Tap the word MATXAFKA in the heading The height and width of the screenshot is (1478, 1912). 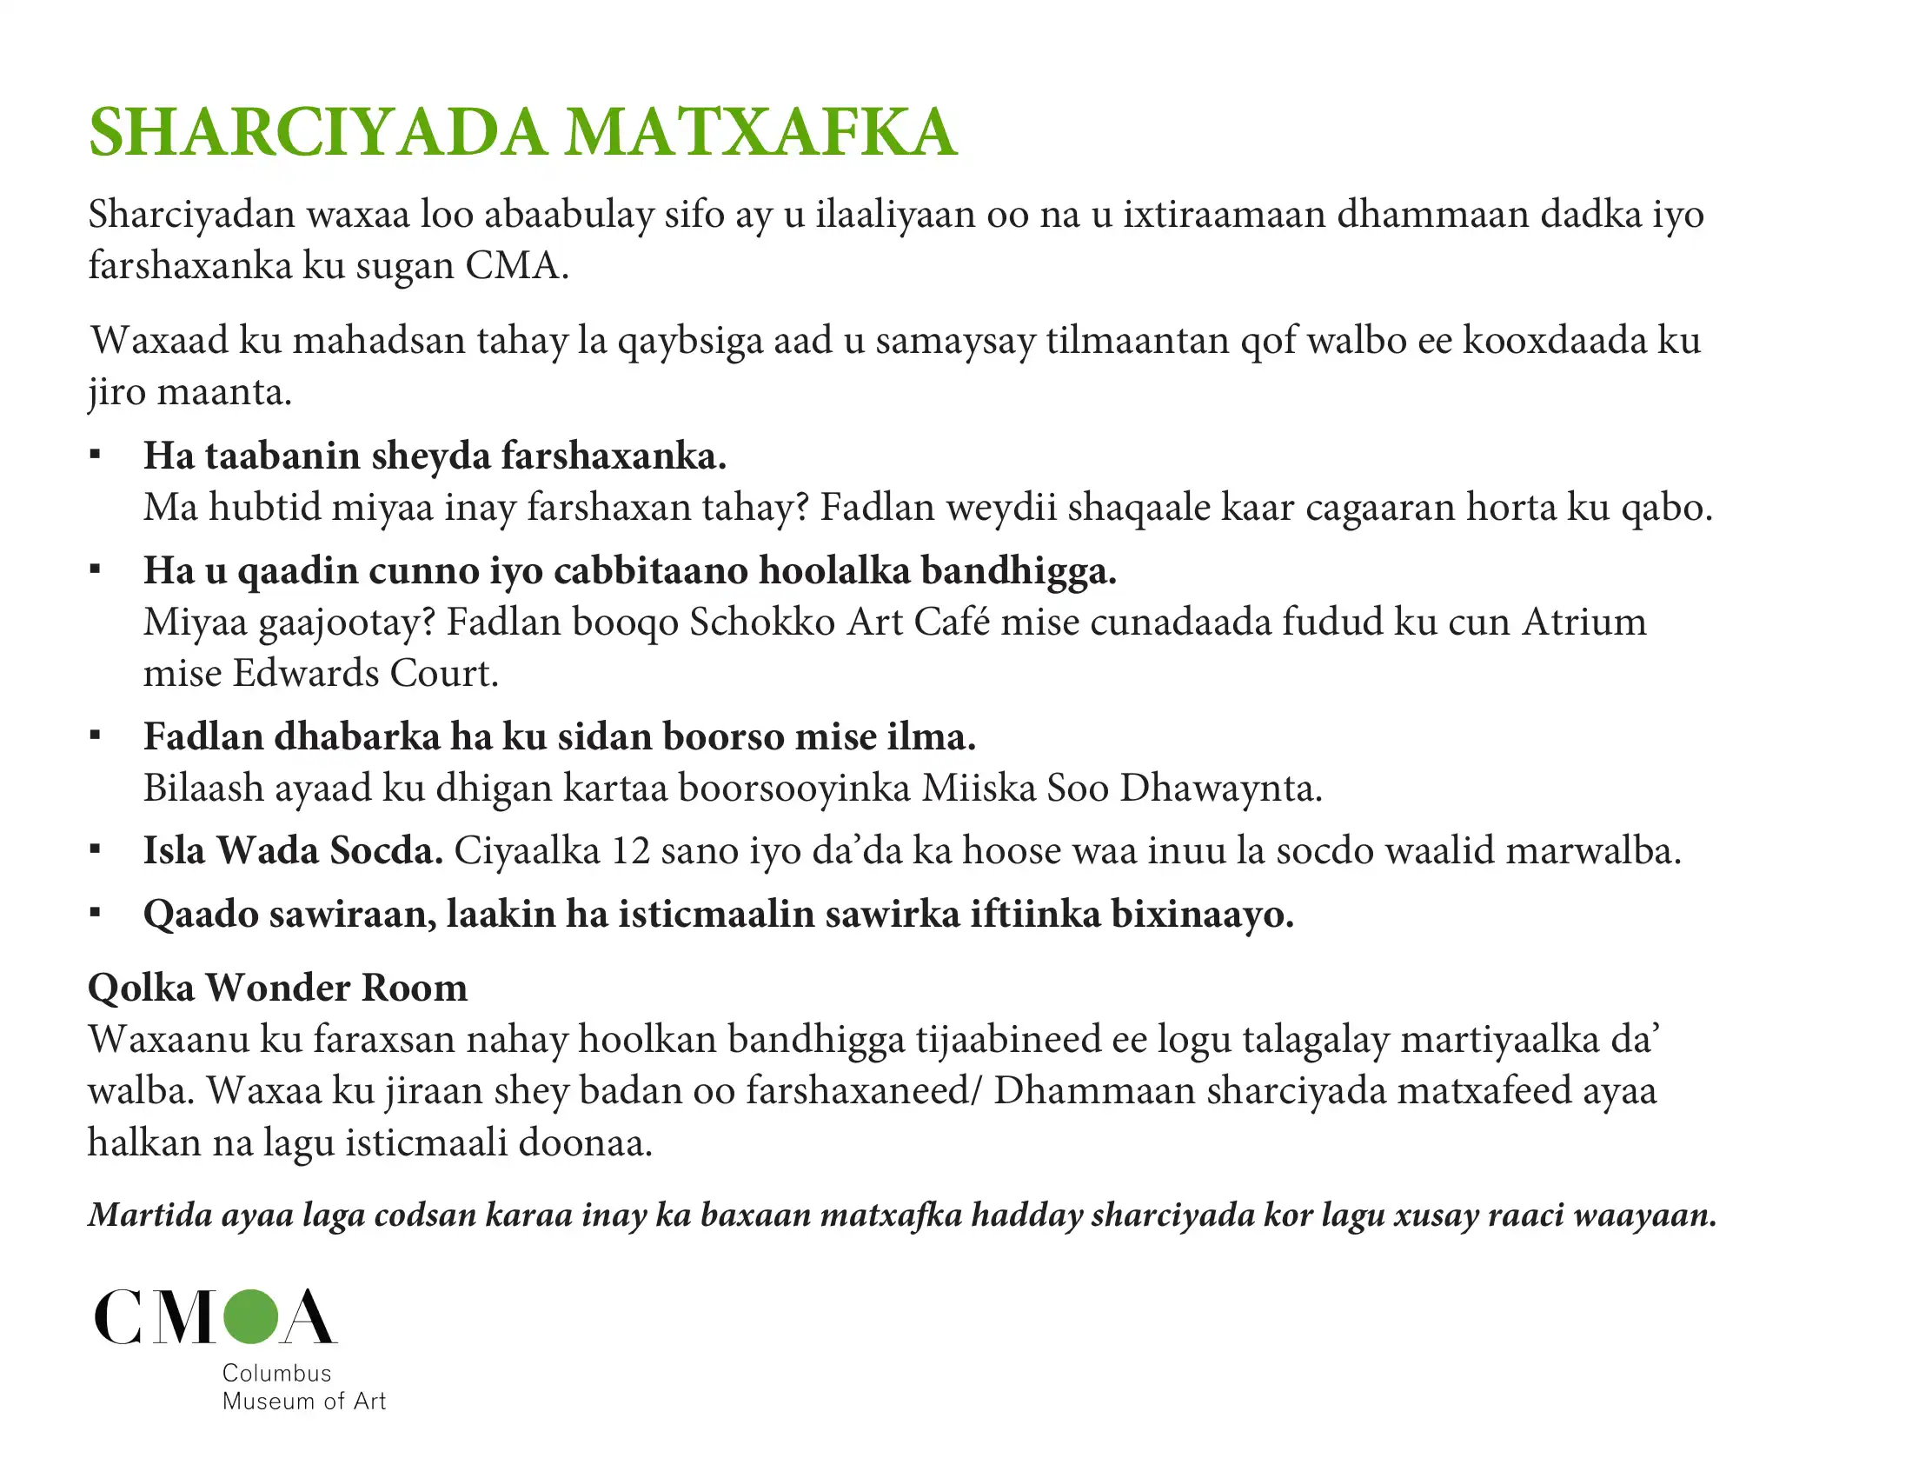760,133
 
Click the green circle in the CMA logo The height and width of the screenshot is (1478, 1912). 250,1316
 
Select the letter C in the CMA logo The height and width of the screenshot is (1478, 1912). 119,1316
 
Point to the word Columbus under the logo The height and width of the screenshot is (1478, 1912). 276,1373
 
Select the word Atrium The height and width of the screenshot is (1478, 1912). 1583,622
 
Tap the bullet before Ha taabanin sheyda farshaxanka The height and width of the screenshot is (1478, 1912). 96,456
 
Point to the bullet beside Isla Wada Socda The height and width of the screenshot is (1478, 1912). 96,849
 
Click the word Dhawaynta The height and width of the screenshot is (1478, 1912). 1220,788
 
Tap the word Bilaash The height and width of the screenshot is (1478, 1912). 203,788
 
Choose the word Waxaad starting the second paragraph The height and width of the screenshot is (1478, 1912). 159,341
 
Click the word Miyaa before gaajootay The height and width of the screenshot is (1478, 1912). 196,622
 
